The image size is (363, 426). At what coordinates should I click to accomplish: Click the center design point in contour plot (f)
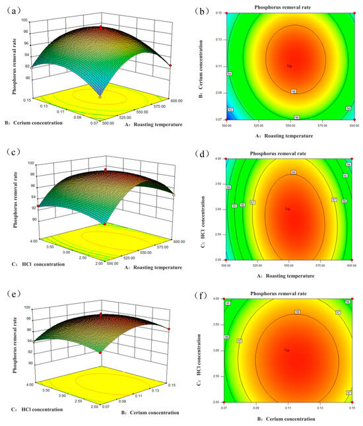pyautogui.click(x=287, y=349)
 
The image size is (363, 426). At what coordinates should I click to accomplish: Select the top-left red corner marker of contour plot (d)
pyautogui.click(x=225, y=159)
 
